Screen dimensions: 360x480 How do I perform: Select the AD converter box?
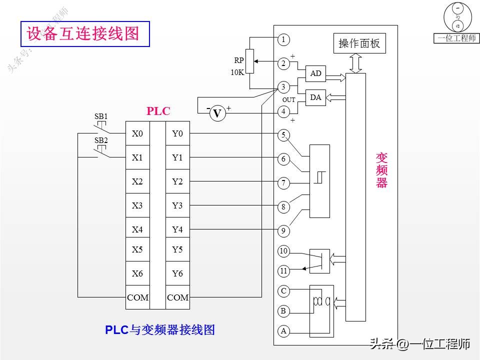(x=315, y=73)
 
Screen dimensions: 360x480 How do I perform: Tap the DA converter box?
(x=315, y=97)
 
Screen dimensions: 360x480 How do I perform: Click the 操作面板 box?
(x=359, y=43)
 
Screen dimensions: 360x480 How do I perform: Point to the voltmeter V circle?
(x=217, y=114)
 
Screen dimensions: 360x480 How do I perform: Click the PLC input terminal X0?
(x=137, y=133)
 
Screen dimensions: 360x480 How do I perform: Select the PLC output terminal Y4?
(x=177, y=230)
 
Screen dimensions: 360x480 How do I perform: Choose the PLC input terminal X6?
(x=137, y=273)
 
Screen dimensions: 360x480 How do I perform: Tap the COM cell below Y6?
(x=177, y=297)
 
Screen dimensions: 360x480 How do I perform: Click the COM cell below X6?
(x=137, y=297)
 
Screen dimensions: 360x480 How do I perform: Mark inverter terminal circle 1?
(x=283, y=39)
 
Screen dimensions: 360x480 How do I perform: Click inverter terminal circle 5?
(x=283, y=135)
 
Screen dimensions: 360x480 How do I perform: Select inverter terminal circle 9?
(x=283, y=230)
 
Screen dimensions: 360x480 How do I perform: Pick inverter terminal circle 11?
(x=283, y=271)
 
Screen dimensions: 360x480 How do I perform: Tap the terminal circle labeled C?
(x=283, y=290)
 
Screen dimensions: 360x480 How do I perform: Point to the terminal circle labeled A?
(x=283, y=330)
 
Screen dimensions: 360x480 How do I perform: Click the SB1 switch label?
(x=101, y=116)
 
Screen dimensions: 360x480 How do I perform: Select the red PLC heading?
(x=158, y=111)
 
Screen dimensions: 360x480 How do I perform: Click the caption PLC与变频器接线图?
(x=160, y=330)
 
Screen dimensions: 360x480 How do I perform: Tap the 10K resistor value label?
(x=237, y=72)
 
